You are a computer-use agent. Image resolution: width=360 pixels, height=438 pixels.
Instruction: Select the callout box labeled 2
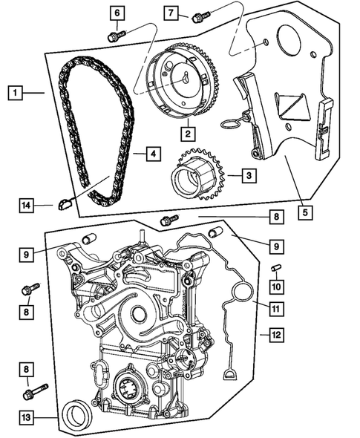[189, 134]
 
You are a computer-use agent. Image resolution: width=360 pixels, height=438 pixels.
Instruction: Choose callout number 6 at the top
[117, 13]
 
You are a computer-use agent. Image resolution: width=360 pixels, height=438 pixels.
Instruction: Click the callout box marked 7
[171, 13]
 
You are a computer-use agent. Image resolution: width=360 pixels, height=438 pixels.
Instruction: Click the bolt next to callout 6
[115, 34]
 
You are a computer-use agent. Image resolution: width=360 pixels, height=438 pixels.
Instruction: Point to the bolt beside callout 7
[198, 16]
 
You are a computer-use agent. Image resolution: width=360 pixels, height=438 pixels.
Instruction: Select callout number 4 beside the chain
[151, 154]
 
